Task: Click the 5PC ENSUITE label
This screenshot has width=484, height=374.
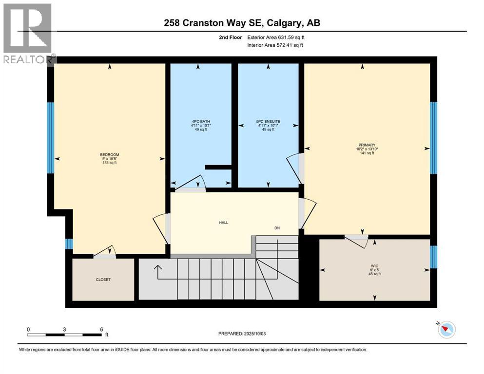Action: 268,121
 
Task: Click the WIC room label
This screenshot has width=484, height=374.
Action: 374,266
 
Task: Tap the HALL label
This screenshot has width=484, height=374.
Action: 223,223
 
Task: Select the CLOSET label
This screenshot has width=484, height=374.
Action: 103,280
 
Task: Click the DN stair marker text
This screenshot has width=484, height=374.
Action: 276,228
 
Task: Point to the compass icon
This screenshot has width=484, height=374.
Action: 446,330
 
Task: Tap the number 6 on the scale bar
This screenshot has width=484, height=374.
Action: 101,330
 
